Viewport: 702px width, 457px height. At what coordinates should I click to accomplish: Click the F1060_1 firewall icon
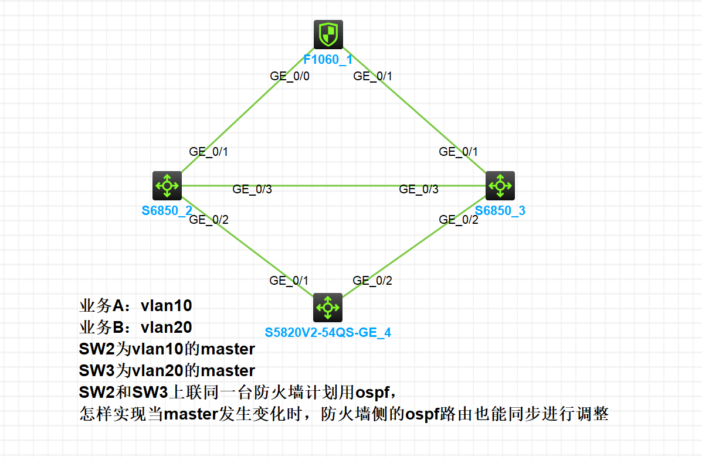pos(328,35)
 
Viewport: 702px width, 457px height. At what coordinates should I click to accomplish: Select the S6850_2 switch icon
pos(167,186)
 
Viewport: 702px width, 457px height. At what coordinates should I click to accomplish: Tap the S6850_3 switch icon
pos(500,186)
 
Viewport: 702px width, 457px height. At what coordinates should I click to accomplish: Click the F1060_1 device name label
pos(328,59)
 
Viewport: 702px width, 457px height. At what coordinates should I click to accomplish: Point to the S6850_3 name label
pos(500,211)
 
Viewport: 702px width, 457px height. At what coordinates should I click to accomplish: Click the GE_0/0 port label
pos(290,76)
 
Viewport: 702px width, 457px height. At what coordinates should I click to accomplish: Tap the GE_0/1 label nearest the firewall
pos(372,76)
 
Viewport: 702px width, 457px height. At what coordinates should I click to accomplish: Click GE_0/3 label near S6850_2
pos(252,189)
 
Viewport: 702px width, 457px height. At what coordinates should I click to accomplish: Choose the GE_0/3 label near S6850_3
pos(419,189)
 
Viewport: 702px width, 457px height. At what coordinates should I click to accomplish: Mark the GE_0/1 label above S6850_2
pos(209,152)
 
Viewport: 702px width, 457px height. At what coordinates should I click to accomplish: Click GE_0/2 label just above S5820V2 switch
pos(372,281)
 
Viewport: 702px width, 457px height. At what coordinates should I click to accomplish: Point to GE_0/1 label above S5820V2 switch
pos(289,281)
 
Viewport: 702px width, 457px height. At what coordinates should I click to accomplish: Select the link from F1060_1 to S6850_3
pos(411,108)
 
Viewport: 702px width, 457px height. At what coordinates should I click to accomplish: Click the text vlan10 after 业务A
pos(167,306)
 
